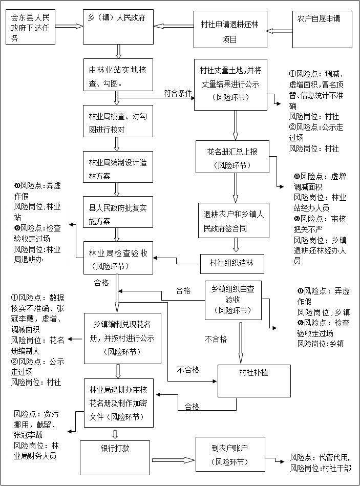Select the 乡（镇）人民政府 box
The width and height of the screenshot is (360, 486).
118,27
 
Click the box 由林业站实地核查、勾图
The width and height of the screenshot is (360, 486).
118,75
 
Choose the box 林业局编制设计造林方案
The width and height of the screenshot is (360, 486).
118,167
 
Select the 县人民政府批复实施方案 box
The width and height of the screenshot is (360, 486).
118,213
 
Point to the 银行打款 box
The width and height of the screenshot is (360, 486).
115,457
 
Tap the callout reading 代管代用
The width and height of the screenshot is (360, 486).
321,462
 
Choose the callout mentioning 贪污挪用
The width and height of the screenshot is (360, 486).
36,436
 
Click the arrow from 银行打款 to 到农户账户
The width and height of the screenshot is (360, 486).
174,459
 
